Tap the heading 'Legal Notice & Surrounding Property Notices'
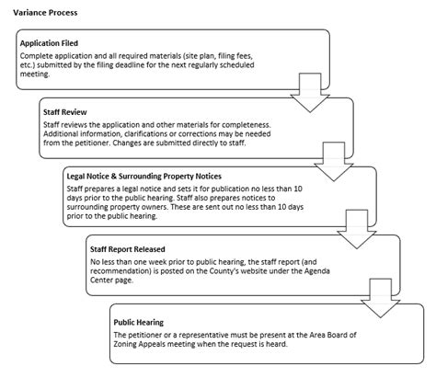pyautogui.click(x=142, y=175)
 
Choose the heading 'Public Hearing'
pyautogui.click(x=139, y=323)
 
